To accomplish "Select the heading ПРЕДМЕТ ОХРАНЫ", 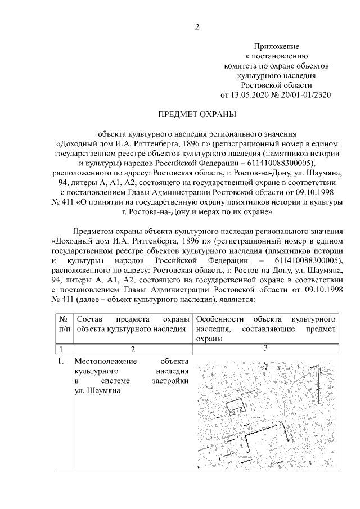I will [x=196, y=115].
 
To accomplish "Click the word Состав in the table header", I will [x=88, y=319].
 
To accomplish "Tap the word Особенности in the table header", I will [x=221, y=319].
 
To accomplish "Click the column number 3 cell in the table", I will [x=264, y=349].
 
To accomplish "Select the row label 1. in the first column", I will [x=63, y=361].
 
